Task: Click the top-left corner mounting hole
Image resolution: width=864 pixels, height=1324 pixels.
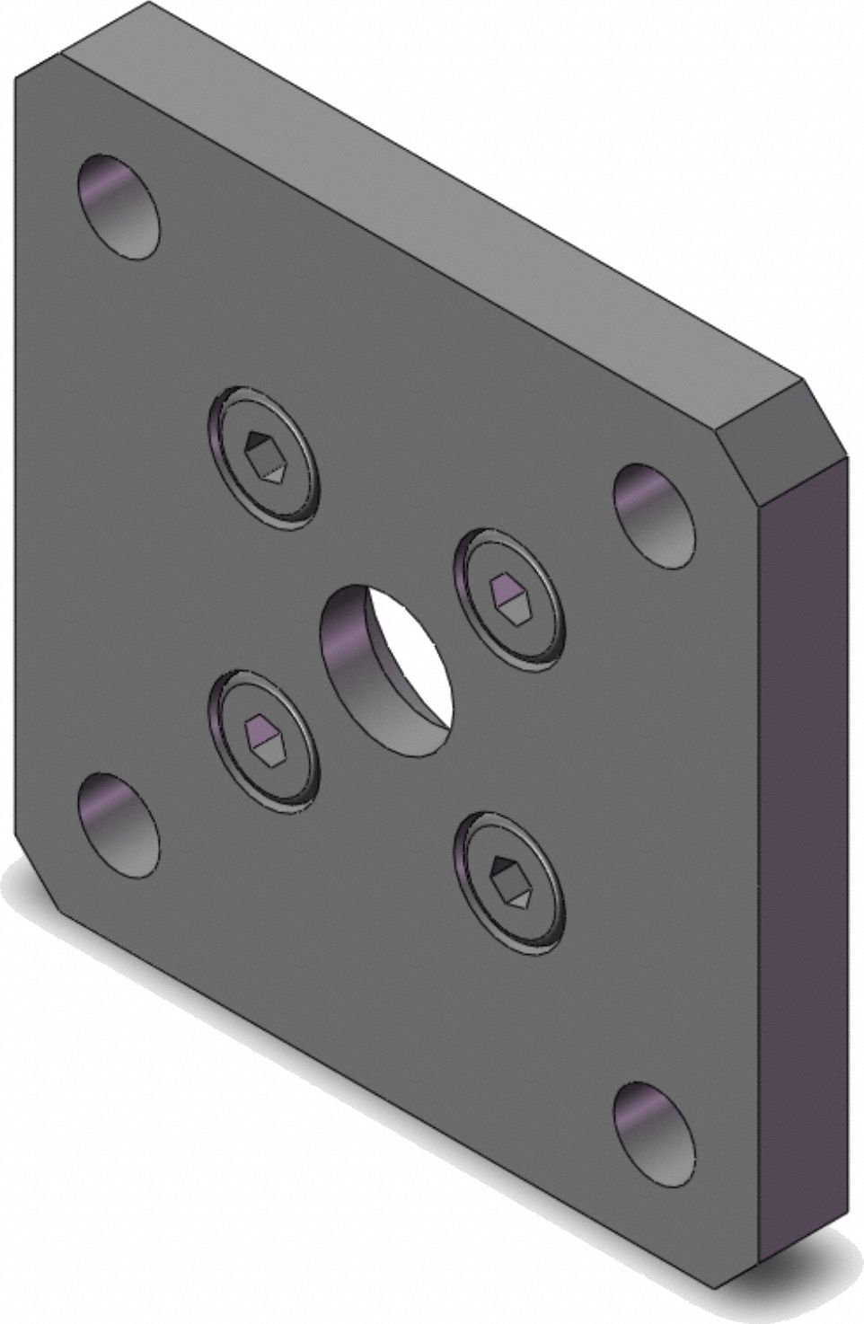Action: (x=119, y=207)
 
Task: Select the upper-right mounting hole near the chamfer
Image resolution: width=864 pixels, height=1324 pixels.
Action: (x=654, y=516)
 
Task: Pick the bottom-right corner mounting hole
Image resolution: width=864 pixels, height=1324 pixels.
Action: (x=654, y=1134)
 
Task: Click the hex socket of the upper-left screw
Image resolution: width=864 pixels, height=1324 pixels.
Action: (x=266, y=455)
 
